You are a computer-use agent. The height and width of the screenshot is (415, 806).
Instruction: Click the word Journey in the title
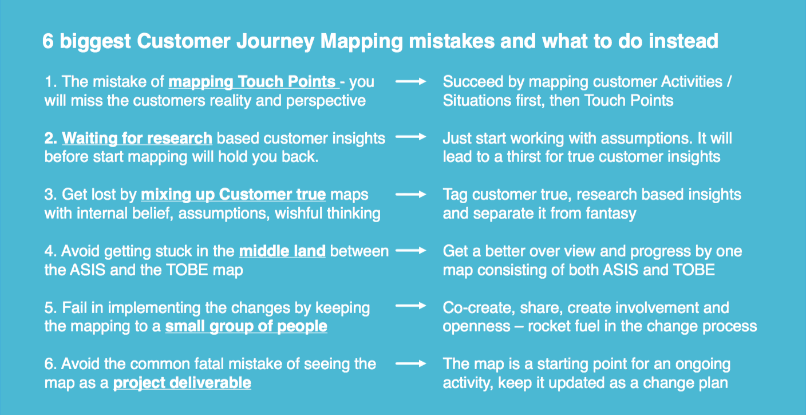click(268, 41)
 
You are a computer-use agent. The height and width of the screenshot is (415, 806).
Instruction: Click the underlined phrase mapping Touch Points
click(252, 82)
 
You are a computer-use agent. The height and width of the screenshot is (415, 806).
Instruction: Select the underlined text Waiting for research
click(137, 138)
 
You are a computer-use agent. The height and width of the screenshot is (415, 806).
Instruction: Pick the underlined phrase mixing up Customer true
click(233, 195)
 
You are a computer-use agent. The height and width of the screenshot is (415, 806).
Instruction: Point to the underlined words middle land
click(282, 251)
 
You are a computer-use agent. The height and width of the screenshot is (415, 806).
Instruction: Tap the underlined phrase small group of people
click(246, 326)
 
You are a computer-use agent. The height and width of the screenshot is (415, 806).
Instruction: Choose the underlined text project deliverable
click(182, 382)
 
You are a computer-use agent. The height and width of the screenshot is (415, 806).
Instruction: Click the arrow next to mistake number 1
click(411, 82)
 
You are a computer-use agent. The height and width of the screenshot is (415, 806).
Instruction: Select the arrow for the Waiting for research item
click(411, 138)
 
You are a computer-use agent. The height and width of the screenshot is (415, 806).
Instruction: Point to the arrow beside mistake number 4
click(411, 251)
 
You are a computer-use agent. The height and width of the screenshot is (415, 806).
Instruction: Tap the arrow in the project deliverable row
click(411, 363)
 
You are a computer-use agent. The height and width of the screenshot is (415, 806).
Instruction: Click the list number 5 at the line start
click(49, 307)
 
